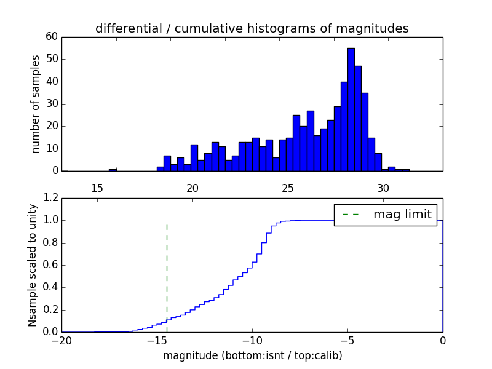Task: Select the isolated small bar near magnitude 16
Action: (x=113, y=169)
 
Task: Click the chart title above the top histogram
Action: (x=252, y=28)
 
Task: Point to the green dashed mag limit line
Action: (x=167, y=271)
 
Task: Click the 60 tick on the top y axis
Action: (x=51, y=37)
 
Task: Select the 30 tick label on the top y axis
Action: (x=51, y=104)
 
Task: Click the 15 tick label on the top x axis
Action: (x=97, y=187)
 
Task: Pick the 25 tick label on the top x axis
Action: (x=288, y=187)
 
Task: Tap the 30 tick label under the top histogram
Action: (x=383, y=187)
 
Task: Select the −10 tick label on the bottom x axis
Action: (x=252, y=341)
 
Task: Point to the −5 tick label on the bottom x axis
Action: (x=347, y=341)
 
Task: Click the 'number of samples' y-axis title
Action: (x=36, y=104)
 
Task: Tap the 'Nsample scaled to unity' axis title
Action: (x=32, y=265)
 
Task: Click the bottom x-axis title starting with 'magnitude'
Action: (x=252, y=355)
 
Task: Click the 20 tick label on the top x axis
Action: (x=192, y=187)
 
